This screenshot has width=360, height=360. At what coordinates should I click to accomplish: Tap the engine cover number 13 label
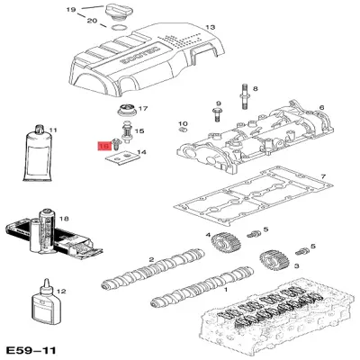coord(211,28)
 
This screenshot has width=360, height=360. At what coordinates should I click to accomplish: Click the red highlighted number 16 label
coord(103,144)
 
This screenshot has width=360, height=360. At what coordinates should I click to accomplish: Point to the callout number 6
coord(320,107)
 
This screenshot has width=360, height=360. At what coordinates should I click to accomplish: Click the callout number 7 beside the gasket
coord(323,175)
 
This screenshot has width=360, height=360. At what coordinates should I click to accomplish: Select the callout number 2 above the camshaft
coord(153,260)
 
